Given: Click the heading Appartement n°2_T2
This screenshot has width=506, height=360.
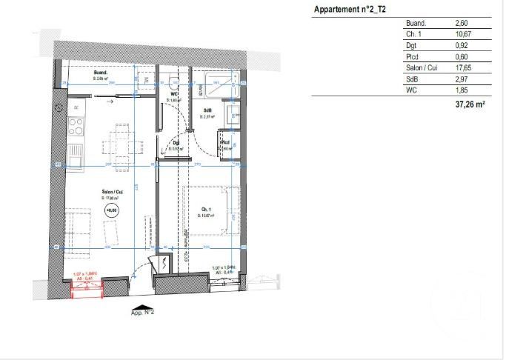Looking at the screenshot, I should coord(350,10).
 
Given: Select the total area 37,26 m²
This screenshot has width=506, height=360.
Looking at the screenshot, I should coord(470,106).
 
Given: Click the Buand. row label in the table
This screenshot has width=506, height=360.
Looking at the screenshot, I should coord(417,24).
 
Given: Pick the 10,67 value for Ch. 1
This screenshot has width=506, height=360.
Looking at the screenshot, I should coord(463,34).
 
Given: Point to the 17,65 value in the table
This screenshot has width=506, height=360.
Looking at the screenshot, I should coord(463,67).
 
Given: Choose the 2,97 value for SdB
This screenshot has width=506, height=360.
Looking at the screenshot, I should coord(462,79).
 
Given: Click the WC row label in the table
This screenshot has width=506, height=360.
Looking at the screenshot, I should coord(412,90).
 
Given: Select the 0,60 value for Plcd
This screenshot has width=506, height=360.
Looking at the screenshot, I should coord(462,56).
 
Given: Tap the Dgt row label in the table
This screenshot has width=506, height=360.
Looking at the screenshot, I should coord(411,45).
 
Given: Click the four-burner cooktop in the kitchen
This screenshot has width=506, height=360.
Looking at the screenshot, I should coord(76,127).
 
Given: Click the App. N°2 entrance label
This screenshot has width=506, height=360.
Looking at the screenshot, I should coord(142,313).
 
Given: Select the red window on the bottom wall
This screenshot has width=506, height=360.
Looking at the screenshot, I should coord(84,286).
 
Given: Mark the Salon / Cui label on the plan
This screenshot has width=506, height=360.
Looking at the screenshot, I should coord(113,193).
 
